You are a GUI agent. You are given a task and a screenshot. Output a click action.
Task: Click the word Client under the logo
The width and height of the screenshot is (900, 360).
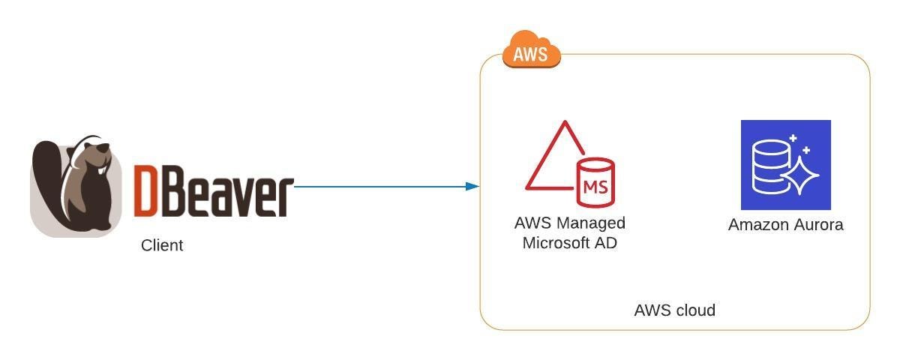162,245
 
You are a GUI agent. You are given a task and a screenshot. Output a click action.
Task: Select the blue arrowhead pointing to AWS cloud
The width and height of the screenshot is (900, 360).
472,186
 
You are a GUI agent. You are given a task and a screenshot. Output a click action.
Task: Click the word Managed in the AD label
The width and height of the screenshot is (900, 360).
592,223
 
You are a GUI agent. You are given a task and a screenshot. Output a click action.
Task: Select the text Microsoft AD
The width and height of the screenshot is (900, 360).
569,242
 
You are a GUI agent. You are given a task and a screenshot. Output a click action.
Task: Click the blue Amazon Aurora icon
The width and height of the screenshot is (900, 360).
785,165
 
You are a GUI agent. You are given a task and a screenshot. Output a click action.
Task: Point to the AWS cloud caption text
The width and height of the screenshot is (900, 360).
674,310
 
